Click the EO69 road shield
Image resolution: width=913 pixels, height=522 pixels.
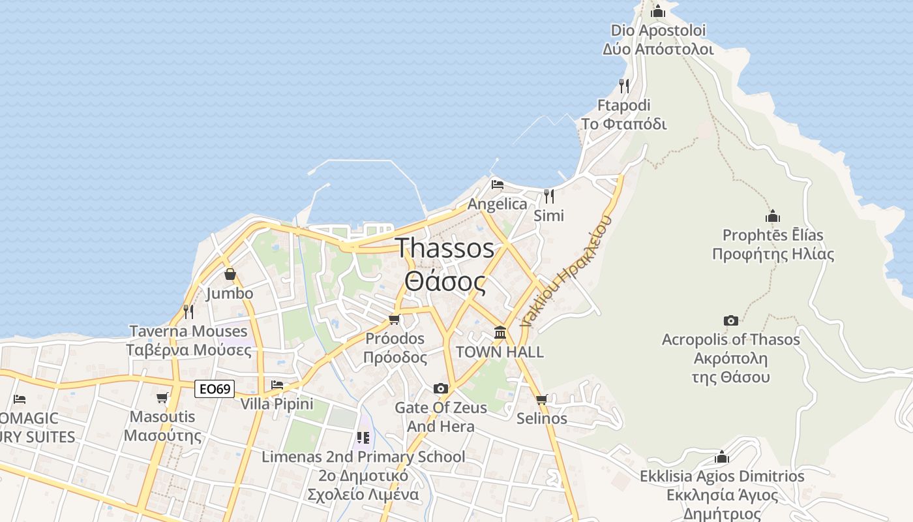pyautogui.click(x=215, y=389)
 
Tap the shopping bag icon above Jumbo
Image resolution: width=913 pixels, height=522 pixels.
pyautogui.click(x=230, y=274)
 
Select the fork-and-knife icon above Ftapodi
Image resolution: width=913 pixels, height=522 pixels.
pyautogui.click(x=624, y=85)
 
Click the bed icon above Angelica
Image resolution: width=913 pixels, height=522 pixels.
pyautogui.click(x=498, y=185)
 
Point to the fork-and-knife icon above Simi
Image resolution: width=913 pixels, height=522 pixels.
pyautogui.click(x=549, y=195)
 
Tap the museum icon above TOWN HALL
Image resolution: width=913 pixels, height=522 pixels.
pyautogui.click(x=500, y=333)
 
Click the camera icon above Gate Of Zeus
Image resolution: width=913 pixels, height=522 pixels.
pyautogui.click(x=441, y=388)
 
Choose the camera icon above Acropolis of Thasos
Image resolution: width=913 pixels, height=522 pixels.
pyautogui.click(x=730, y=320)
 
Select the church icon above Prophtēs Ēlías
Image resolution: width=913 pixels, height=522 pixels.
pyautogui.click(x=773, y=216)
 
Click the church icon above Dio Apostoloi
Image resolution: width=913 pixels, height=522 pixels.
pyautogui.click(x=658, y=11)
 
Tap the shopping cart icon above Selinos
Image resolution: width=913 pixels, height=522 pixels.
pyautogui.click(x=541, y=399)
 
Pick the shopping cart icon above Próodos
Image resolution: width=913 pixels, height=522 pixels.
pyautogui.click(x=394, y=319)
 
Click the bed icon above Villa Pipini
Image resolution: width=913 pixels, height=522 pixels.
pyautogui.click(x=277, y=385)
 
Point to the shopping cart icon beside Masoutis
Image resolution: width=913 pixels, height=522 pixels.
pyautogui.click(x=162, y=397)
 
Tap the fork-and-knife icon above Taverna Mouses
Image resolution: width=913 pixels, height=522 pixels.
pyautogui.click(x=188, y=311)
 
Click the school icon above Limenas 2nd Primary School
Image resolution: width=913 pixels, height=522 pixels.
pyautogui.click(x=363, y=437)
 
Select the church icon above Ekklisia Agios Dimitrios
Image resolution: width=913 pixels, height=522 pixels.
pyautogui.click(x=722, y=457)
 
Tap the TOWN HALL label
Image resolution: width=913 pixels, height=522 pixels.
pyautogui.click(x=500, y=352)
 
